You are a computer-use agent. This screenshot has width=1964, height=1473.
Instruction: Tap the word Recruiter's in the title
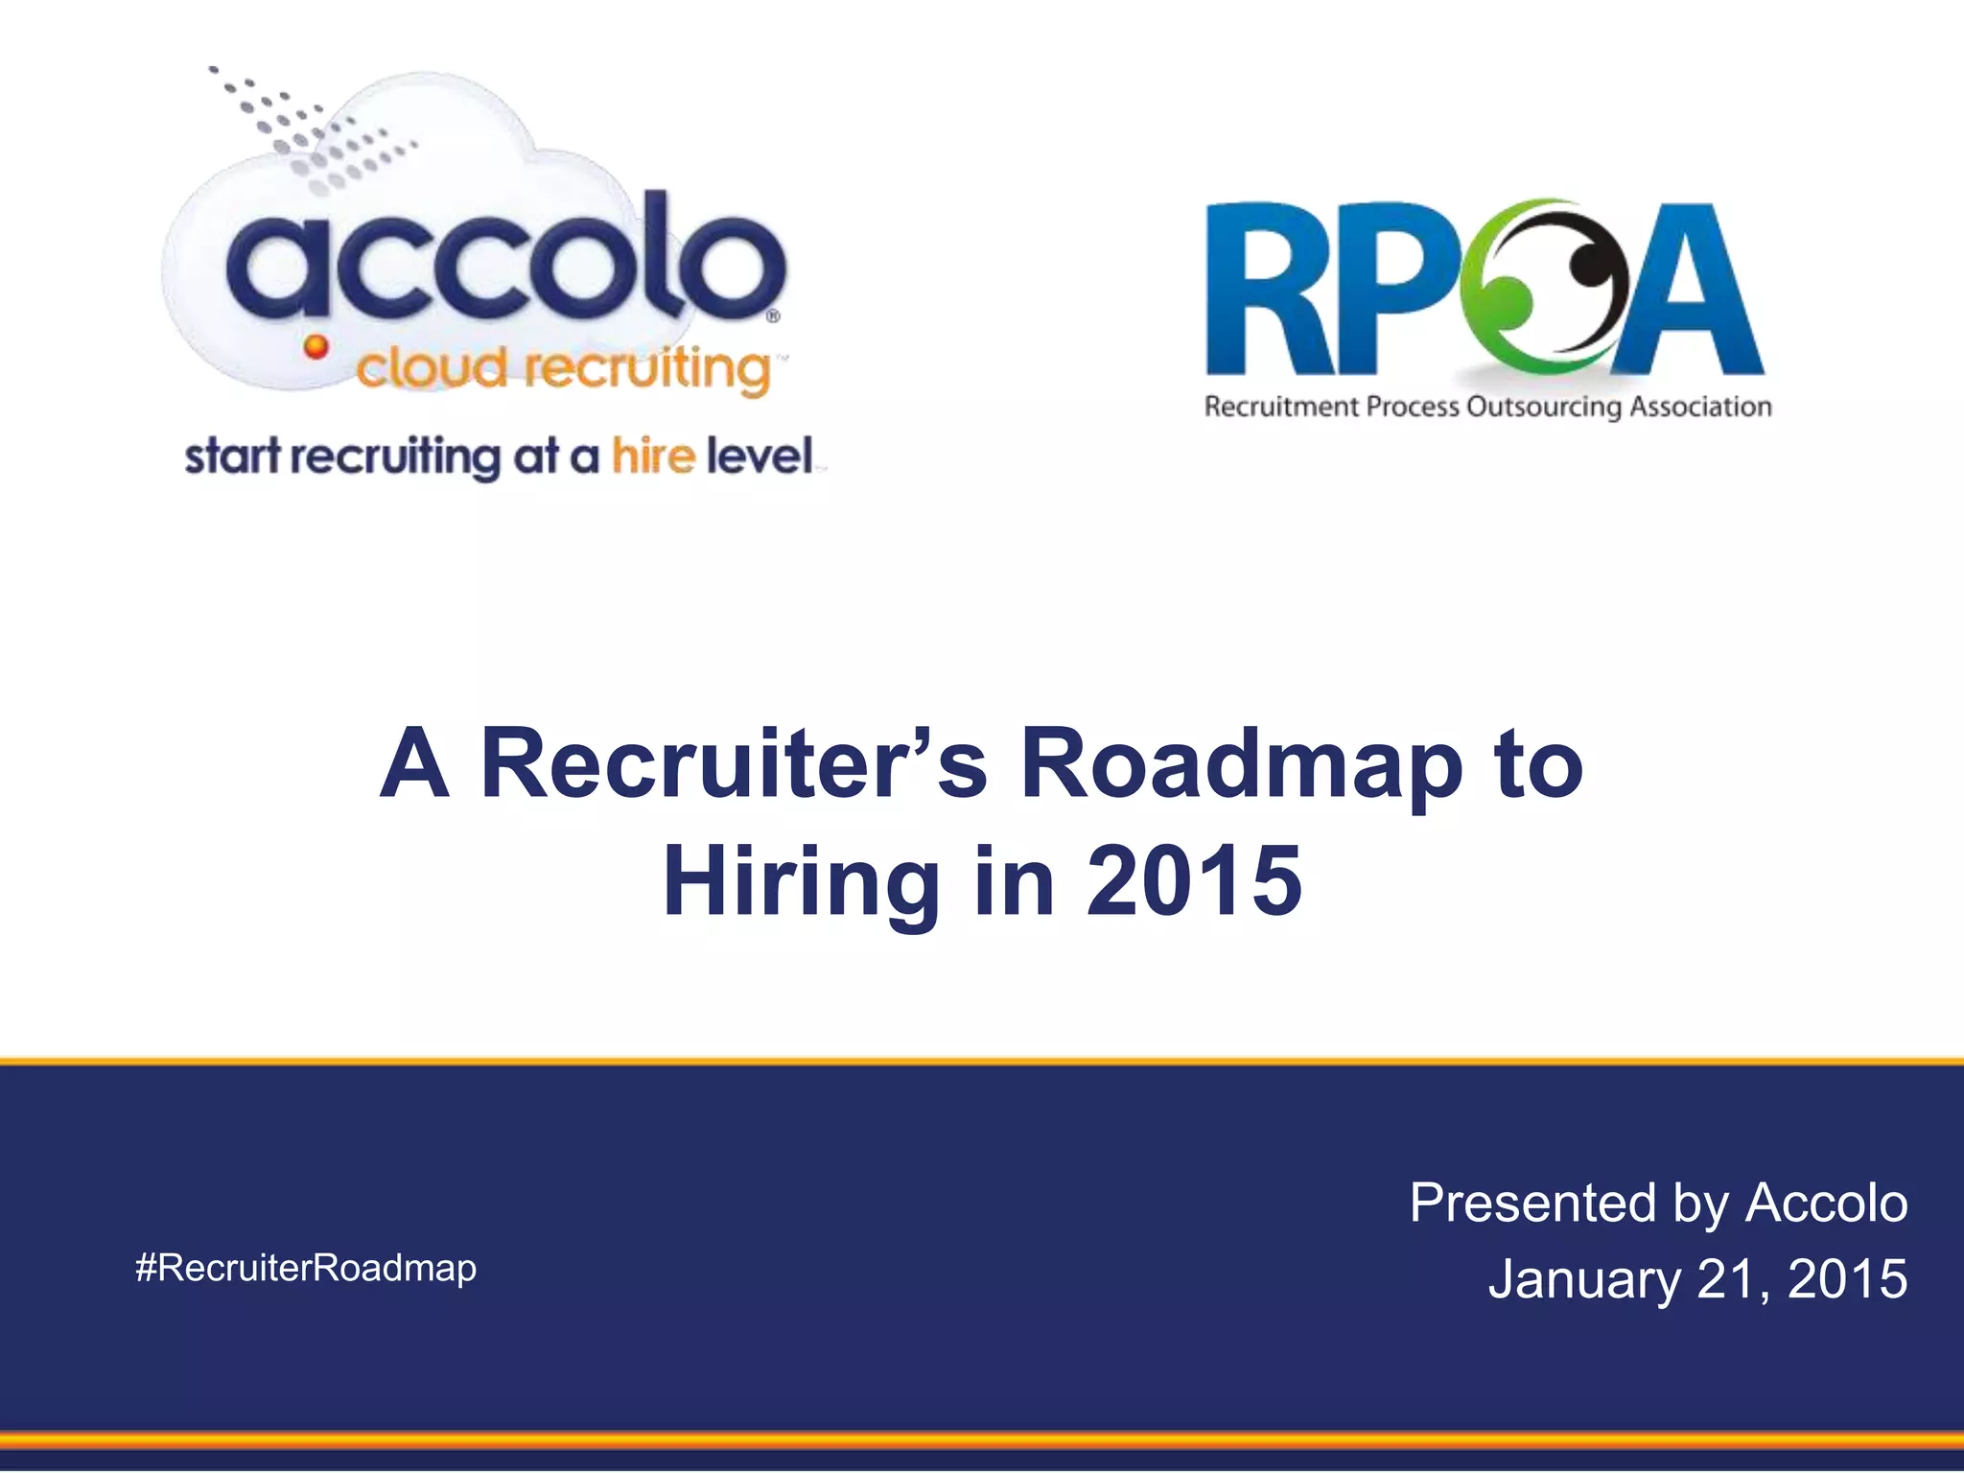point(734,763)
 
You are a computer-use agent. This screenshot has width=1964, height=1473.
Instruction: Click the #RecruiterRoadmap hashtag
point(306,1268)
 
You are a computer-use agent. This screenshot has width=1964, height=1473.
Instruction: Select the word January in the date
point(1584,1279)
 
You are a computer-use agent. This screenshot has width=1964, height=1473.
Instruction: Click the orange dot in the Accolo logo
point(316,346)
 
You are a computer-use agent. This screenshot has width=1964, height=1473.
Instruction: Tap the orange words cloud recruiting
point(564,368)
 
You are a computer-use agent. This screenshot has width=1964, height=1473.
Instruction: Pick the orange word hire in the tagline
point(653,456)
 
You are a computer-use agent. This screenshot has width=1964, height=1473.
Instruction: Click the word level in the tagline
point(760,456)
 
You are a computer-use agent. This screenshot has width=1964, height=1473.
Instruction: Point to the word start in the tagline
point(232,456)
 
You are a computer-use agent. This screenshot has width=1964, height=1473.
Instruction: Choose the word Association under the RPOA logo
point(1700,407)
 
